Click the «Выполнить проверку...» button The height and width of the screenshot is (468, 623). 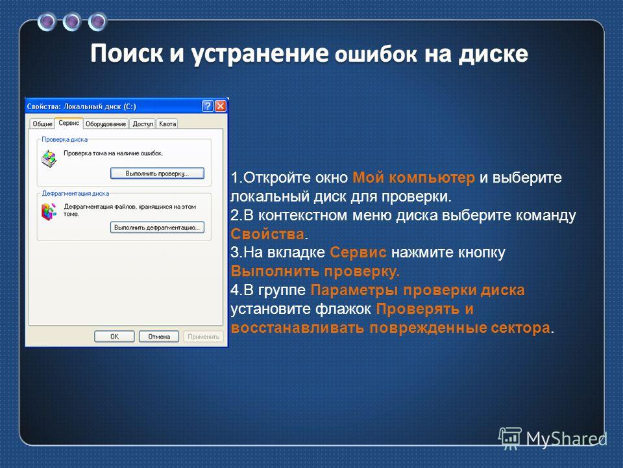[x=157, y=174]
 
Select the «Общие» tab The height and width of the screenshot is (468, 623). [x=43, y=123]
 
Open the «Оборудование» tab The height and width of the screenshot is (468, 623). [x=106, y=123]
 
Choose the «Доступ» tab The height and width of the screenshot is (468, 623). [x=143, y=123]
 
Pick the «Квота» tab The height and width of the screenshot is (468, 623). [x=167, y=123]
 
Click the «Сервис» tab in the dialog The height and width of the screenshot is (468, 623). [x=69, y=123]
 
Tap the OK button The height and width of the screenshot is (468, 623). [x=114, y=336]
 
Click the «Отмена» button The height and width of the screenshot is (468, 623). [x=159, y=336]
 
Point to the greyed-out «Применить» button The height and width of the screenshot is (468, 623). [x=203, y=336]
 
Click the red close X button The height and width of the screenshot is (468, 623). [x=220, y=106]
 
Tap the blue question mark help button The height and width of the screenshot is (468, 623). [x=208, y=106]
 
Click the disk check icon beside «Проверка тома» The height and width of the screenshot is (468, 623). [x=49, y=159]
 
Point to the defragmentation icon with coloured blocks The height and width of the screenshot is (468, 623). [x=49, y=212]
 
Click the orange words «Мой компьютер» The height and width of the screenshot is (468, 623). [x=413, y=177]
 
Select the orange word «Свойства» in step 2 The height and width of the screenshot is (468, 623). [x=267, y=234]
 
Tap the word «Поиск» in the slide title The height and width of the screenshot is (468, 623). [x=127, y=54]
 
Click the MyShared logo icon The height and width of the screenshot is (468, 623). [x=510, y=438]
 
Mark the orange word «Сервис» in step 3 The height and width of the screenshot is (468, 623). [x=358, y=252]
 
